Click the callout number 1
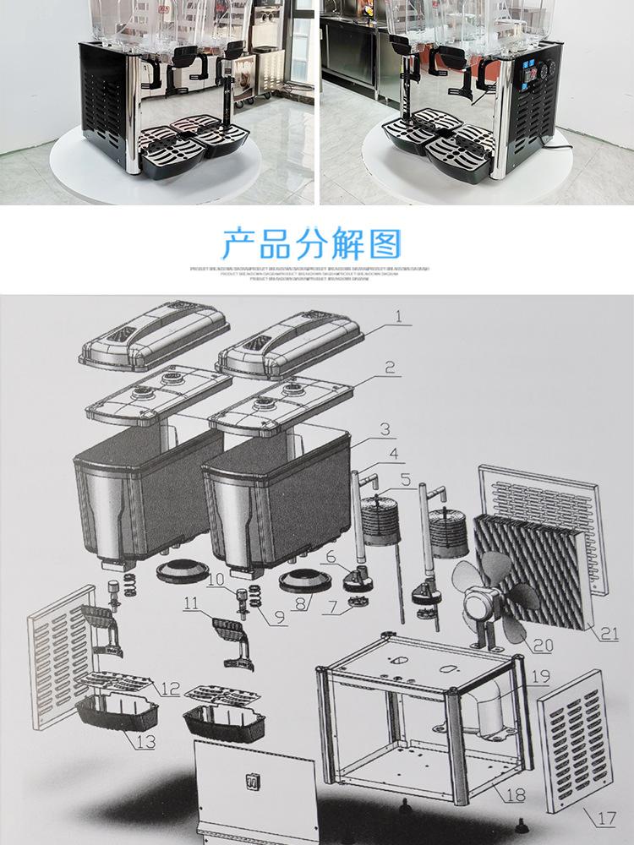click(x=398, y=318)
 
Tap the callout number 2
click(x=390, y=368)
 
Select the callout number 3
click(x=385, y=430)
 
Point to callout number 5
click(x=406, y=480)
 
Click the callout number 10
click(x=216, y=580)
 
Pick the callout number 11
click(x=191, y=604)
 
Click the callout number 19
click(x=541, y=676)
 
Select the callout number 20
click(x=542, y=646)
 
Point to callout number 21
click(x=609, y=630)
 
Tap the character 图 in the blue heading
click(x=385, y=243)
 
